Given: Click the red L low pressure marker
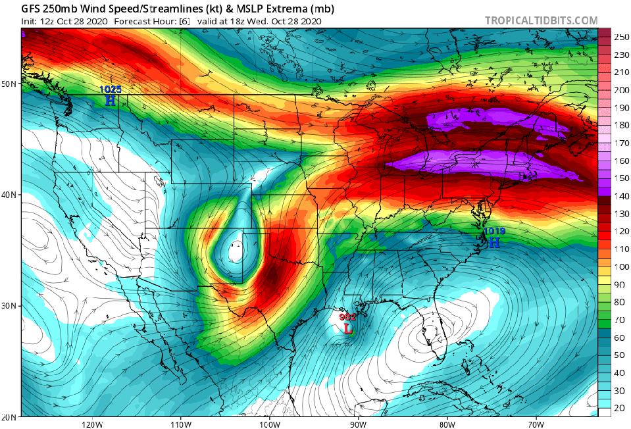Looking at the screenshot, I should coord(347,326).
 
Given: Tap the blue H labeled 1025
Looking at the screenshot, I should coord(110,101).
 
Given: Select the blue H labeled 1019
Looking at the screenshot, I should coord(494,242).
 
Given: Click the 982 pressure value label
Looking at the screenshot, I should coord(347,316).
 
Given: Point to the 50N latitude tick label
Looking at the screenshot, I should coord(9,84).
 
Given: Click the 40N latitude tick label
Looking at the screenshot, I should coord(9,195).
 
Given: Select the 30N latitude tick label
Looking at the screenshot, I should coord(9,306).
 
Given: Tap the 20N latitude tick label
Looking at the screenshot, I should coord(9,417).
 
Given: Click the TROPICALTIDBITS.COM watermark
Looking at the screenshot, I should coord(541,20).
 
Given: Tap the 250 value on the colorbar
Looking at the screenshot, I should coord(621,37).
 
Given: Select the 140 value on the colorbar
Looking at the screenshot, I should coord(621,195).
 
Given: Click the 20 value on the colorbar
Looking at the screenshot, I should coord(621,409).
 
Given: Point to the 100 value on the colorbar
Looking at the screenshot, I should coord(621,266).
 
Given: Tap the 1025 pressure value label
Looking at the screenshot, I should coord(110,89).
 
